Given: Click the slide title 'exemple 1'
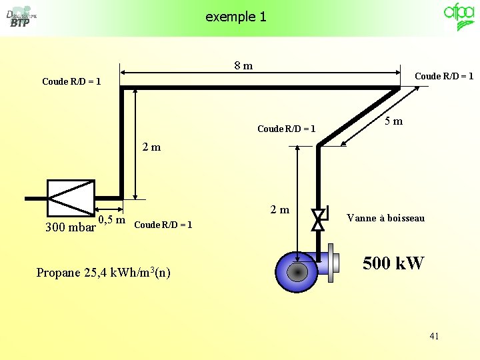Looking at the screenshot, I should coord(236,17).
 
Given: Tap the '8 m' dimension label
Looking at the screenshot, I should coord(243,65).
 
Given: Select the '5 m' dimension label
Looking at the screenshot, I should coord(393,121).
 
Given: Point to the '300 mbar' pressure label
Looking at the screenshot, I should coord(69,227).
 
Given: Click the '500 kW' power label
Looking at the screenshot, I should coord(393,264).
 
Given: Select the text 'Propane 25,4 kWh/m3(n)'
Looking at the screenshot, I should coord(103,272).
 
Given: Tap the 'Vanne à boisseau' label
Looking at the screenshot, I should coord(385,218).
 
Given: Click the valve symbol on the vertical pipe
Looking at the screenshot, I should coord(319,219).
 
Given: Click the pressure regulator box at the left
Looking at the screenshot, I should coord(71,197).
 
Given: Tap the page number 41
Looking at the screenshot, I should coord(434,336).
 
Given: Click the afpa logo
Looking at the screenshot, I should coord(459,17).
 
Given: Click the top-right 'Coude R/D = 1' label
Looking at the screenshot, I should coord(443,76).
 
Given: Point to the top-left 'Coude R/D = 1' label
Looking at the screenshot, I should coord(71,81).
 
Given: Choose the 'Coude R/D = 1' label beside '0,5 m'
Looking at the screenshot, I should coord(163,225).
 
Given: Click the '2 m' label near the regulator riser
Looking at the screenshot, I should coord(151,147).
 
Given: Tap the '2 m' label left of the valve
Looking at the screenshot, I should coord(280,210).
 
